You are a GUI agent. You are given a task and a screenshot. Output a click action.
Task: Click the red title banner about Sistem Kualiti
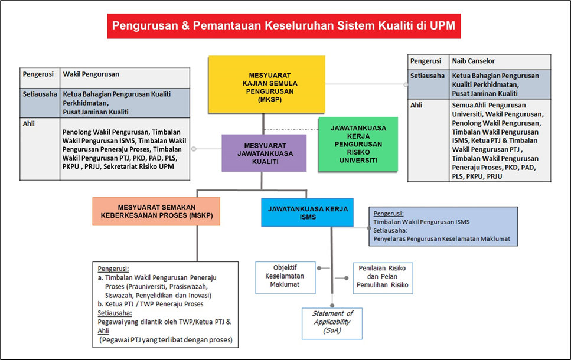point(283,26)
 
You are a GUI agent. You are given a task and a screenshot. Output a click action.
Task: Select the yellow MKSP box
point(266,84)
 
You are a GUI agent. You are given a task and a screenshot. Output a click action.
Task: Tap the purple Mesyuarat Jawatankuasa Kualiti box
point(264,153)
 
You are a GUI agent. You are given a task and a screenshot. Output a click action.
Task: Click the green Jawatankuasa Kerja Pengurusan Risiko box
point(358,144)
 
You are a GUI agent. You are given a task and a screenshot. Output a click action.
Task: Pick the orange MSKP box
point(156,211)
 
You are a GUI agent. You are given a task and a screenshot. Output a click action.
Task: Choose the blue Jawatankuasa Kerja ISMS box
point(308,212)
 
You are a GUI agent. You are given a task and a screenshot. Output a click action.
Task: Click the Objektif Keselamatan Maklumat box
point(285,277)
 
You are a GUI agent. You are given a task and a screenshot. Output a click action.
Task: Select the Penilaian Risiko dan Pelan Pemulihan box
point(383,278)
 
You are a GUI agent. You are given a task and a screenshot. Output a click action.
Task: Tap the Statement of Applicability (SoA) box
point(332,323)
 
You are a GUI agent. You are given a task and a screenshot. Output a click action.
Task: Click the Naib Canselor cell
point(500,61)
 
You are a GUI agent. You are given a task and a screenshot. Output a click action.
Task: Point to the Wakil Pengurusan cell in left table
point(125,77)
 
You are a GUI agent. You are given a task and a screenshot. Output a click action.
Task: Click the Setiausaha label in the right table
point(428,76)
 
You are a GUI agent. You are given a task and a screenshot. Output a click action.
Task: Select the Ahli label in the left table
point(29,124)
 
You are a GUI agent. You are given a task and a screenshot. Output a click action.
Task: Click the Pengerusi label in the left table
point(38,74)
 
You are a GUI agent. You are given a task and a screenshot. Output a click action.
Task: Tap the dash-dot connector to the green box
point(291,130)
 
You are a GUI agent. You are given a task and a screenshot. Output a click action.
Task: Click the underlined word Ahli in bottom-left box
point(103,331)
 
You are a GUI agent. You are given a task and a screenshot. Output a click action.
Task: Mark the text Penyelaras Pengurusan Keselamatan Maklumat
point(442,239)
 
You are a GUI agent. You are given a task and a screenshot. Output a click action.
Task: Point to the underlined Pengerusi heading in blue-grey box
point(388,213)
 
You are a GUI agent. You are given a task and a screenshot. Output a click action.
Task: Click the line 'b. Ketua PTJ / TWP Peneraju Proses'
point(151,304)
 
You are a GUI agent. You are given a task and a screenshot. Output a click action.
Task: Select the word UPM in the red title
point(442,25)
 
